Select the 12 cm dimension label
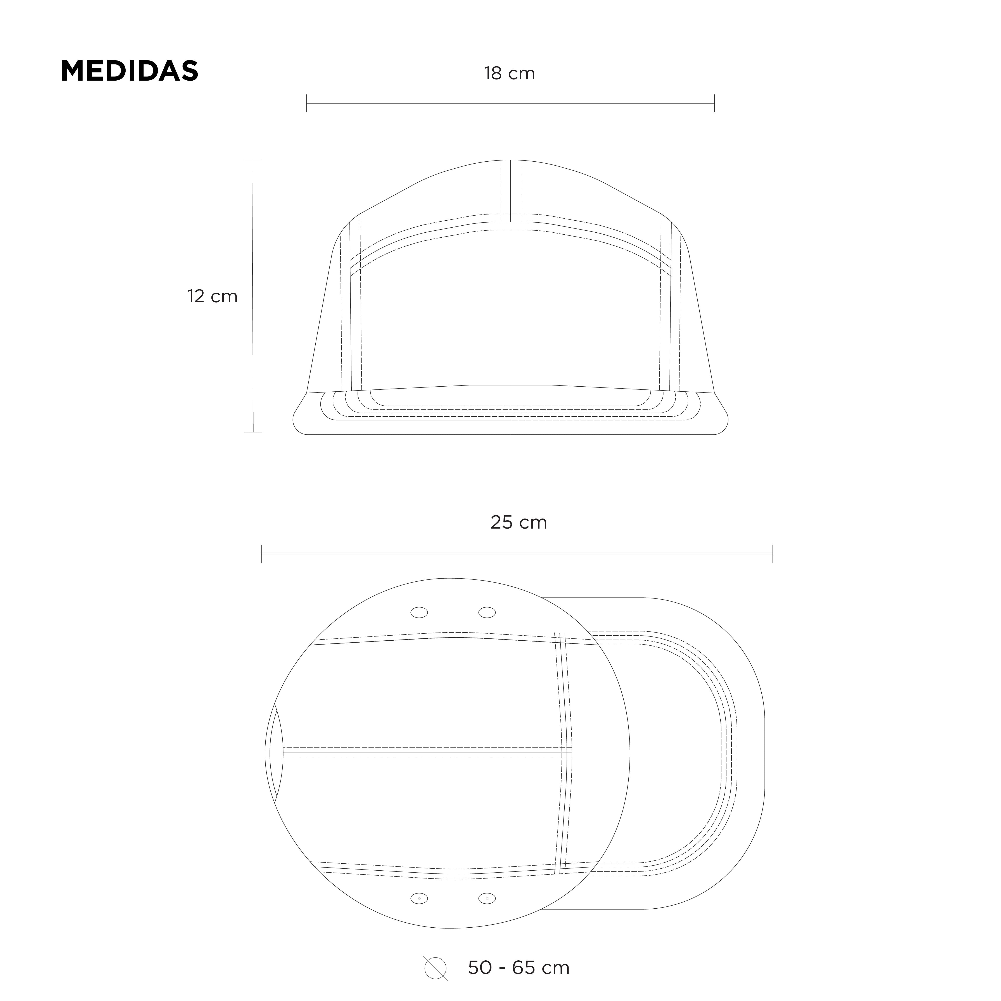pos(213,296)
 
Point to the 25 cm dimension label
pos(519,522)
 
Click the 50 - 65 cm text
pos(519,967)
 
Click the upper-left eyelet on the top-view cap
pos(419,612)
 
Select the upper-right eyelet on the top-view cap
pos(487,612)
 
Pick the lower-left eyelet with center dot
pos(419,898)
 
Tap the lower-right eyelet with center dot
pos(487,898)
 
